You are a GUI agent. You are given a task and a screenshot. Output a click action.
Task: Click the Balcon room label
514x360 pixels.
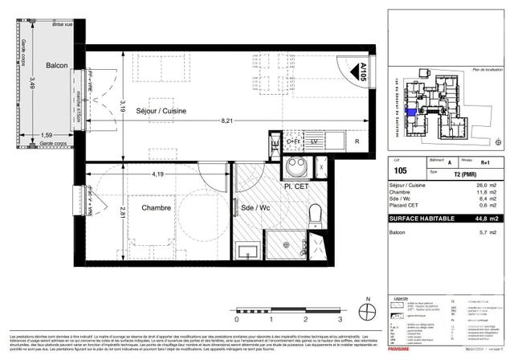(55, 66)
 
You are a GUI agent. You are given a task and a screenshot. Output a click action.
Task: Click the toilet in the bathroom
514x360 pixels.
(314, 211)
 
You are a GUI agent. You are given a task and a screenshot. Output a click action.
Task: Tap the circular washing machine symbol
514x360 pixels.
(294, 167)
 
